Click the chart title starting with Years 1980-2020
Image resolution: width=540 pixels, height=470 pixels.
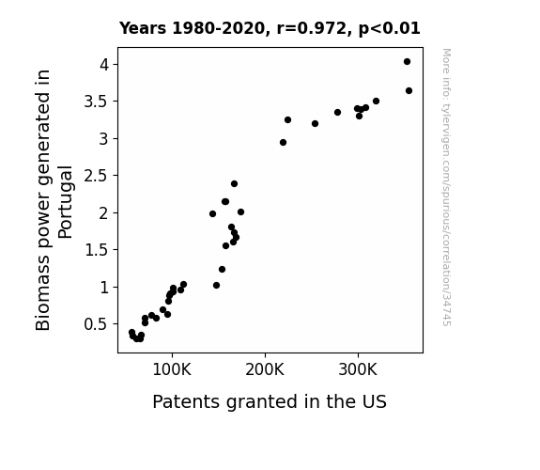(x=270, y=28)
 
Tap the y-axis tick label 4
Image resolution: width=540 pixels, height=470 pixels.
(x=104, y=65)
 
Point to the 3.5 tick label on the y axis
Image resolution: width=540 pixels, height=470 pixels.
(x=97, y=102)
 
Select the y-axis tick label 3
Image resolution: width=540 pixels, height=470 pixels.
(x=104, y=138)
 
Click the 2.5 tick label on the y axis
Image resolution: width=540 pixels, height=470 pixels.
(x=97, y=176)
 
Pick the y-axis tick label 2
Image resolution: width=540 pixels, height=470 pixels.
(x=104, y=212)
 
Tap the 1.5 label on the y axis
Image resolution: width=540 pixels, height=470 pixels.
(x=97, y=250)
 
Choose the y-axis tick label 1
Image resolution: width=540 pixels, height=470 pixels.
(x=104, y=287)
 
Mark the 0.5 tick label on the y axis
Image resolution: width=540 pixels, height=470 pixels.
(x=97, y=324)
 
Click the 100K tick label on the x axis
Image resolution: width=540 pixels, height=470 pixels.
(x=172, y=369)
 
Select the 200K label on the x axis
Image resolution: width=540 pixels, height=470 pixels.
(x=265, y=369)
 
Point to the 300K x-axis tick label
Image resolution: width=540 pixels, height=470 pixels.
(x=358, y=369)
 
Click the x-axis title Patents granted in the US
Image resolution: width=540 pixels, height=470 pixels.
(x=270, y=401)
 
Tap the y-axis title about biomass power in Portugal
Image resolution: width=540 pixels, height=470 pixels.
(x=54, y=200)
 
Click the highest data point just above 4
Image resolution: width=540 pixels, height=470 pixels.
(x=407, y=62)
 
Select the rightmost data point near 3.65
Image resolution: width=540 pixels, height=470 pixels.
(x=409, y=90)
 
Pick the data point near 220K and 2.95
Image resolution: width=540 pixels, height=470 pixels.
(x=283, y=143)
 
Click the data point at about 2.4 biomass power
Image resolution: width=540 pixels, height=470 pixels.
(x=234, y=184)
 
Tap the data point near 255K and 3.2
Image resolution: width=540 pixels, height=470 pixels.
(x=316, y=123)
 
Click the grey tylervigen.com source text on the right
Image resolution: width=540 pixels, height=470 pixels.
(x=447, y=187)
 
